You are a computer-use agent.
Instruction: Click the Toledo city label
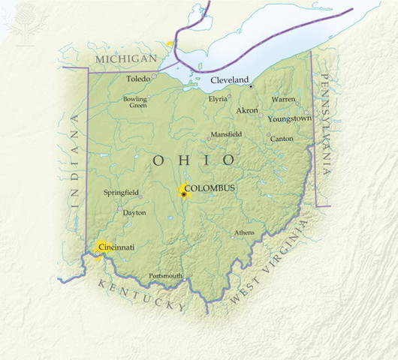tap(137, 78)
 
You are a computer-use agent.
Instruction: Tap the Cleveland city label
tap(229, 79)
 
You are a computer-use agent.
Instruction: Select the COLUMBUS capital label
tap(210, 187)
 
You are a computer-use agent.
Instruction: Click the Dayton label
tap(134, 213)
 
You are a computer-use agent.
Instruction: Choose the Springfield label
tap(121, 193)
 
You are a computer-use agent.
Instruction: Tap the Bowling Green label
tap(135, 102)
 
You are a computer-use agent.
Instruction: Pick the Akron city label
tap(247, 110)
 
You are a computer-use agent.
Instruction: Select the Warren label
tap(283, 99)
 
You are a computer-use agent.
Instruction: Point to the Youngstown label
tap(290, 118)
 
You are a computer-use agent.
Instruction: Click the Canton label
tap(282, 139)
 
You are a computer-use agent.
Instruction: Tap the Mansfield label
tap(226, 134)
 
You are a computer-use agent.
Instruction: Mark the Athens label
tap(244, 232)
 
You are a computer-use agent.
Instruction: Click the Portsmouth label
tap(165, 276)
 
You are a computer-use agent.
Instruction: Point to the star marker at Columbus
tap(183, 194)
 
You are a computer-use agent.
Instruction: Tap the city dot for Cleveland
tap(251, 86)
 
